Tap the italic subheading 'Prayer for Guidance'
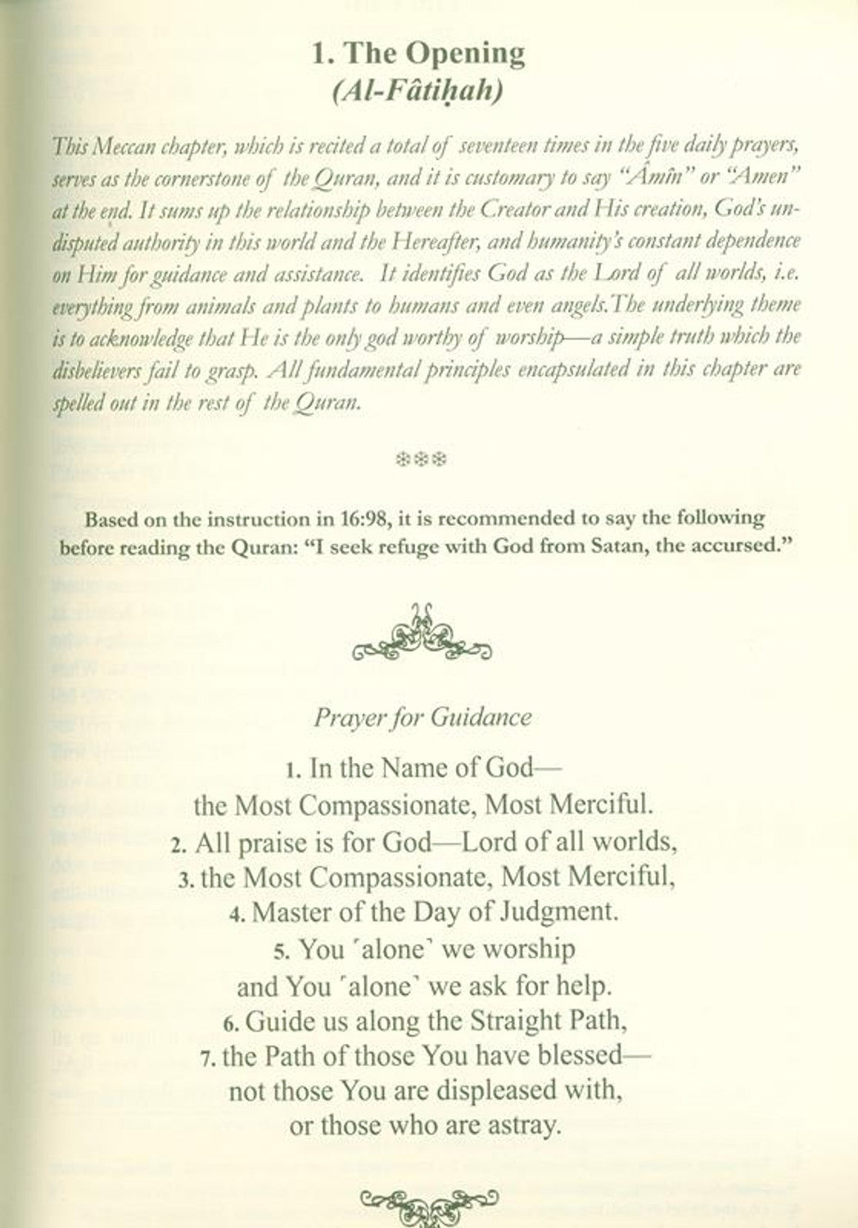click(422, 718)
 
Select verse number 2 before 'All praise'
click(178, 844)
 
